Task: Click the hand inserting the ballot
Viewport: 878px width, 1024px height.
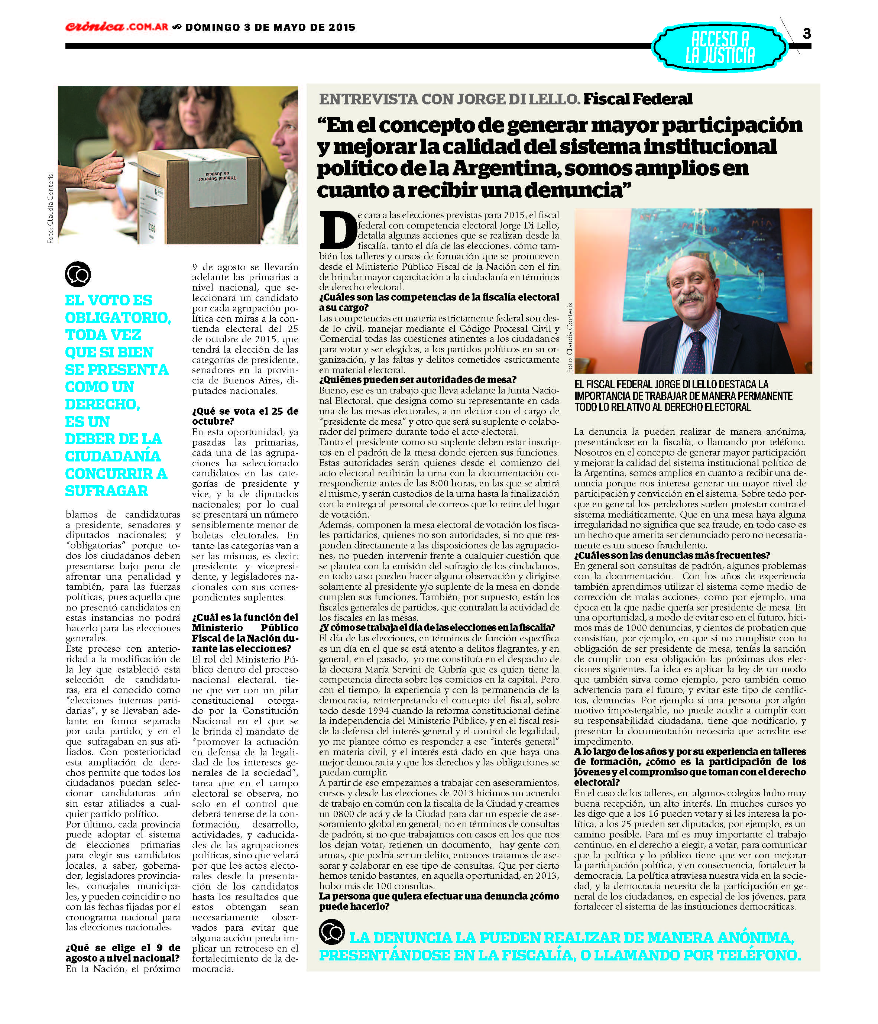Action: pyautogui.click(x=96, y=171)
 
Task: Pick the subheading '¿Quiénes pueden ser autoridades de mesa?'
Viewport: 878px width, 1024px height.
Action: pyautogui.click(x=418, y=380)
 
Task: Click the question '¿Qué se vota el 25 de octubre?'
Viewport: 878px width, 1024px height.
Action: pyautogui.click(x=245, y=416)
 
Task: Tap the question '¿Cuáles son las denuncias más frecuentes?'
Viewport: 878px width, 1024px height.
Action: pyautogui.click(x=672, y=555)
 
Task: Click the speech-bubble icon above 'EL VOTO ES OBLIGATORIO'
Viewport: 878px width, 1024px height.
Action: pyautogui.click(x=78, y=274)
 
